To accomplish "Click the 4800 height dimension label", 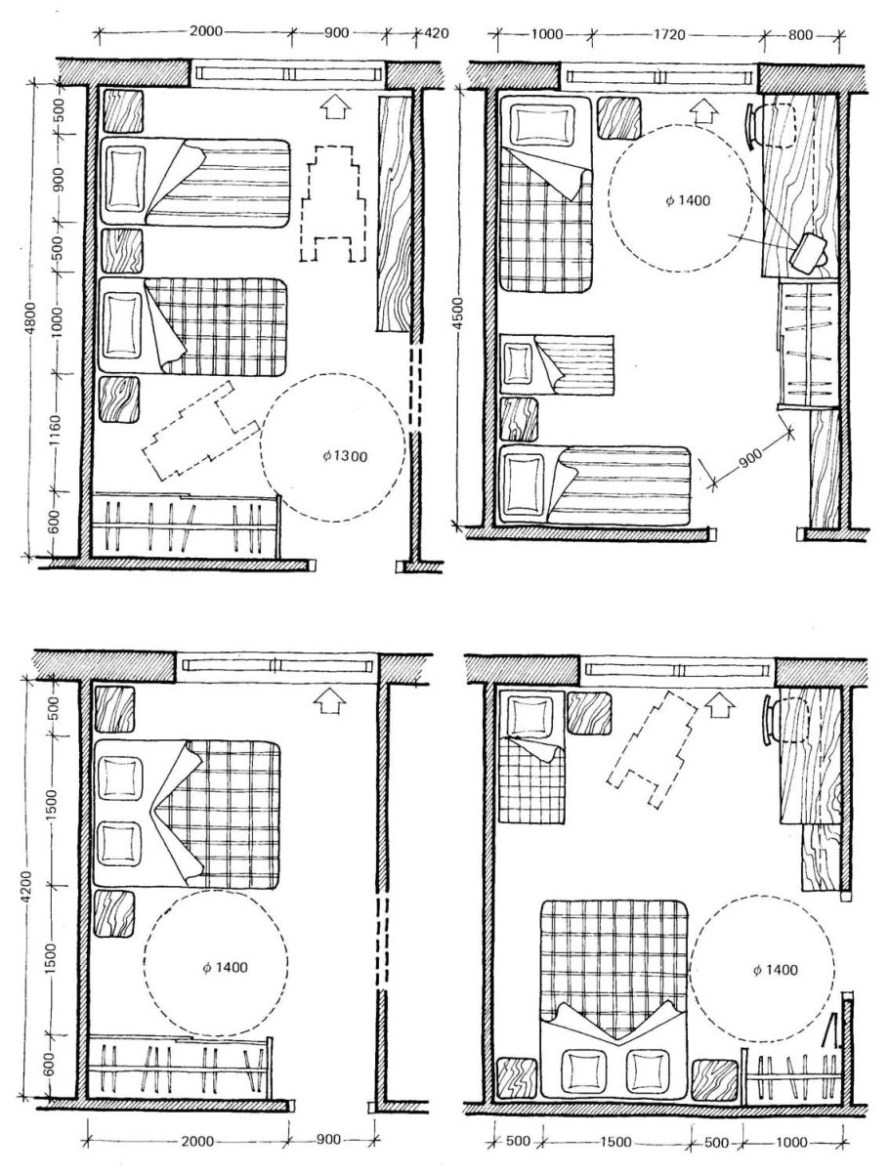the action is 30,318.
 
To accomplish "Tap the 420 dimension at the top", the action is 437,33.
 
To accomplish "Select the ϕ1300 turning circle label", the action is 345,456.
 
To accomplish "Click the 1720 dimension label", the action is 669,34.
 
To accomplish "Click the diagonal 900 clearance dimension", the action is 752,454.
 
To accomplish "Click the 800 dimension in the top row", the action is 800,35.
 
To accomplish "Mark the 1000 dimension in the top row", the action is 546,34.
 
